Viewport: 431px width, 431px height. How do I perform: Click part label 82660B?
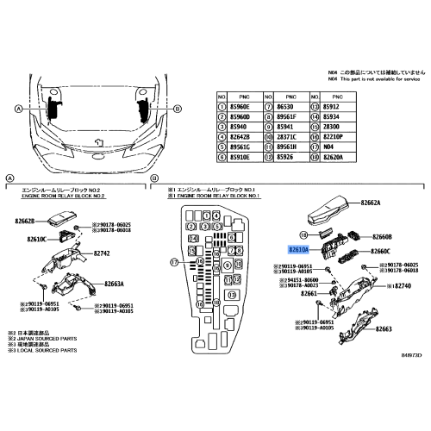click(382, 236)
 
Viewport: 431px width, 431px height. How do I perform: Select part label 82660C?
click(382, 251)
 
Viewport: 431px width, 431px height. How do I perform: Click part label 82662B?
click(27, 222)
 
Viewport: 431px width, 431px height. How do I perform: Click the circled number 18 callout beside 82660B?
click(304, 234)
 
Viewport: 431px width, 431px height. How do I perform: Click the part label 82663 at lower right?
click(384, 329)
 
